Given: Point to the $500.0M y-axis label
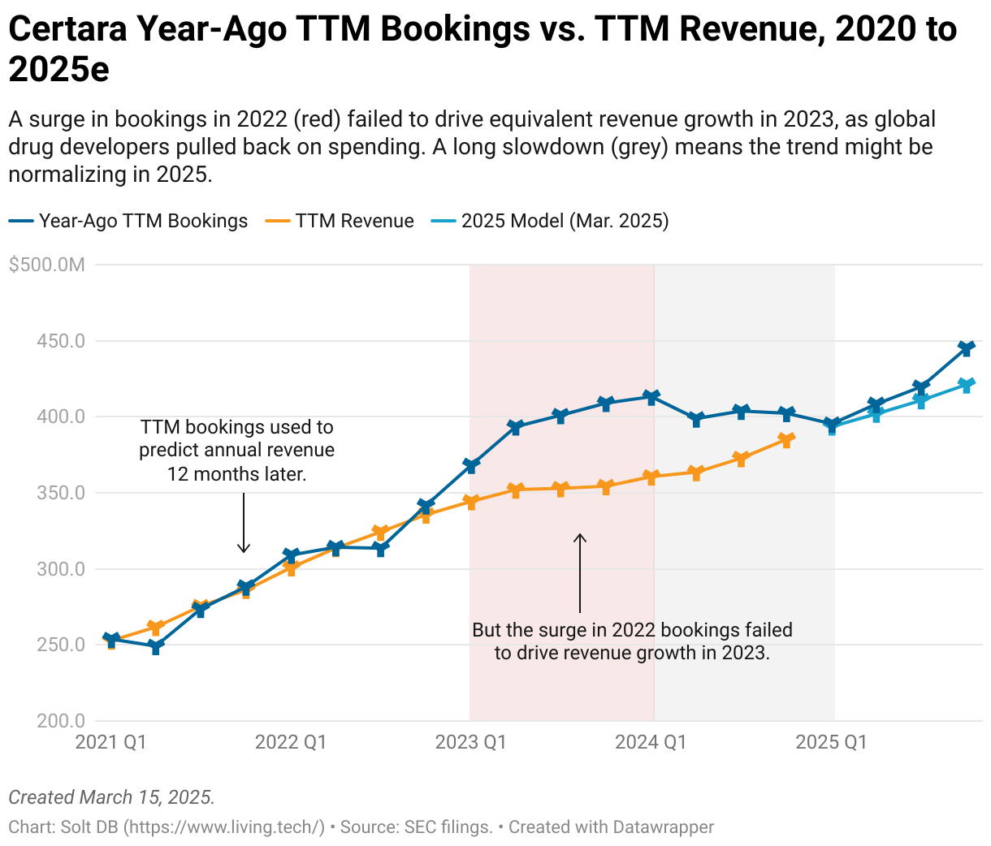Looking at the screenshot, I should click(46, 265).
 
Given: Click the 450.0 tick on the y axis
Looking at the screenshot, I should click(60, 341).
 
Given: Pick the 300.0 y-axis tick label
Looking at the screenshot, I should click(60, 569).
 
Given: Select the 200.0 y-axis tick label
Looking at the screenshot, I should click(60, 721).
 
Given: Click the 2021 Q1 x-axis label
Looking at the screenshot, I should click(110, 742).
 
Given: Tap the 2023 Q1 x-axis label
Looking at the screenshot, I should click(471, 742).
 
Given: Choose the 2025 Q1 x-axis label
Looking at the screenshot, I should click(831, 742).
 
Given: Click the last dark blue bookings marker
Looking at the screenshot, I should click(966, 348).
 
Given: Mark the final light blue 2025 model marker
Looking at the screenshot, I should click(966, 385).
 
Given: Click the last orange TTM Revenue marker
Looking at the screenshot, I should click(786, 440).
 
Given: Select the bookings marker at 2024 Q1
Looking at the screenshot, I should click(651, 396).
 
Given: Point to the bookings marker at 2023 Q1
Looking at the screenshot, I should click(471, 465).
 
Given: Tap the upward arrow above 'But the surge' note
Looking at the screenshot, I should click(580, 572).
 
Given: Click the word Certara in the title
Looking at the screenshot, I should click(66, 30).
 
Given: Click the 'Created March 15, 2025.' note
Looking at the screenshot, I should click(111, 797).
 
